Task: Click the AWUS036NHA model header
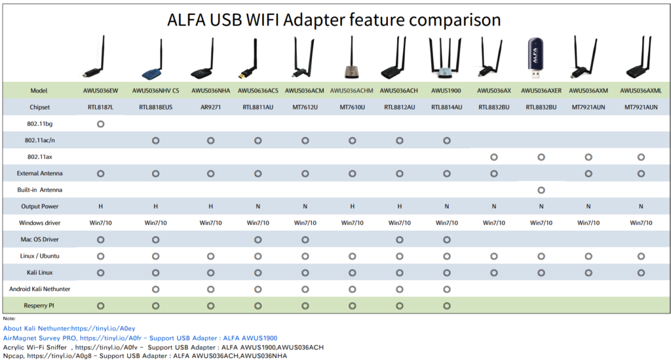pos(210,90)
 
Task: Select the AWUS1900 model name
pos(446,90)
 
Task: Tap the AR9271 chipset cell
pos(210,107)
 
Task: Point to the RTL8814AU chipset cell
pos(446,107)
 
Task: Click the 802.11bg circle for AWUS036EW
pos(100,124)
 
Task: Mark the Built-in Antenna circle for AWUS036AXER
pos(541,190)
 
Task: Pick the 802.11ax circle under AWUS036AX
pos(494,157)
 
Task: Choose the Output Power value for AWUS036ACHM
pos(352,207)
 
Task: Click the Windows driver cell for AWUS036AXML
pos(641,222)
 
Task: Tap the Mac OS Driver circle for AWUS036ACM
pos(305,240)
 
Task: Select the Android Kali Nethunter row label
pos(40,289)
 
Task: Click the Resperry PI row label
pos(39,306)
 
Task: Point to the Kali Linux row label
pos(40,272)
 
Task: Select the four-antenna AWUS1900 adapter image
pos(446,58)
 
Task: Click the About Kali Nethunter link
pos(69,329)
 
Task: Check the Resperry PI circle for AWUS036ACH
pos(399,306)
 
